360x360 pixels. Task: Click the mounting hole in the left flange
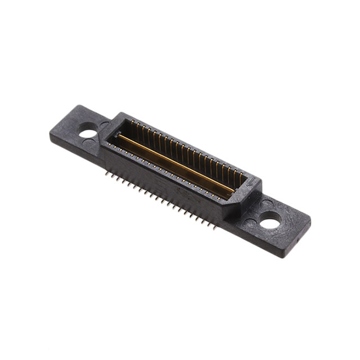[88, 134]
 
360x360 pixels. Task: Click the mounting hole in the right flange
[269, 223]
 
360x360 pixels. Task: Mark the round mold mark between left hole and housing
[103, 124]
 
